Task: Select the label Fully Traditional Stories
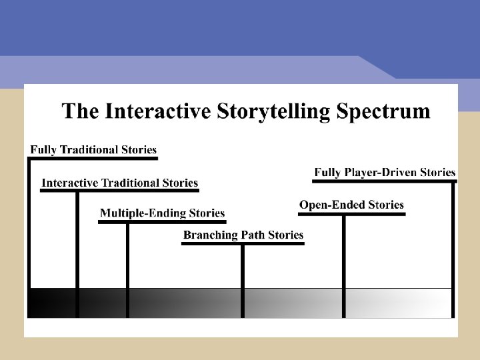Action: [x=93, y=150]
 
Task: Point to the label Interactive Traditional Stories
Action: [x=120, y=183]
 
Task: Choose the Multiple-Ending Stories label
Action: [x=162, y=213]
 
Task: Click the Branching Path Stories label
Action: [x=243, y=235]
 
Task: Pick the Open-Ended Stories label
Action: [x=351, y=205]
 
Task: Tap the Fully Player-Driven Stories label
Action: [x=385, y=173]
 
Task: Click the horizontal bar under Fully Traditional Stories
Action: [x=93, y=159]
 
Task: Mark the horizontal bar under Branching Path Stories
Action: [x=243, y=243]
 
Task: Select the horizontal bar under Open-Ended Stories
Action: [x=351, y=214]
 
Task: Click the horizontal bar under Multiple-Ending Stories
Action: [x=162, y=222]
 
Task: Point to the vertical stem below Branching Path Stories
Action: [x=243, y=280]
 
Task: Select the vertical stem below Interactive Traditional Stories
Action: [x=77, y=253]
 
